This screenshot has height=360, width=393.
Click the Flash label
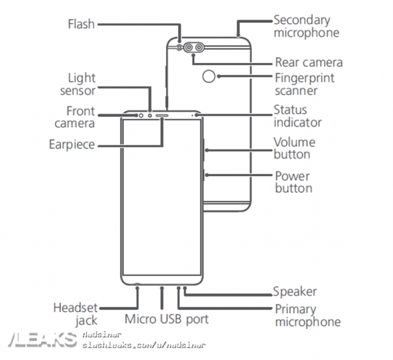[x=82, y=25]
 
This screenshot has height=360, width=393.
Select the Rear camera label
[x=309, y=62]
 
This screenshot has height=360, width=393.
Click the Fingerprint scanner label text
[x=305, y=83]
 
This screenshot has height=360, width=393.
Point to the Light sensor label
[x=82, y=84]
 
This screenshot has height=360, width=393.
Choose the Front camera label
[x=80, y=117]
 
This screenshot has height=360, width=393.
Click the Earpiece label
[x=71, y=144]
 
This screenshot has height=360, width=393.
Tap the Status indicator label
[x=297, y=115]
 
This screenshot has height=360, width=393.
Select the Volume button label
[x=294, y=148]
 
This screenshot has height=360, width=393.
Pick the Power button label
[x=292, y=182]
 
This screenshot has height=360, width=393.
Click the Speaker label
[x=295, y=291]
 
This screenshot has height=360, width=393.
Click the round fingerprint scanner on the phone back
[x=208, y=77]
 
